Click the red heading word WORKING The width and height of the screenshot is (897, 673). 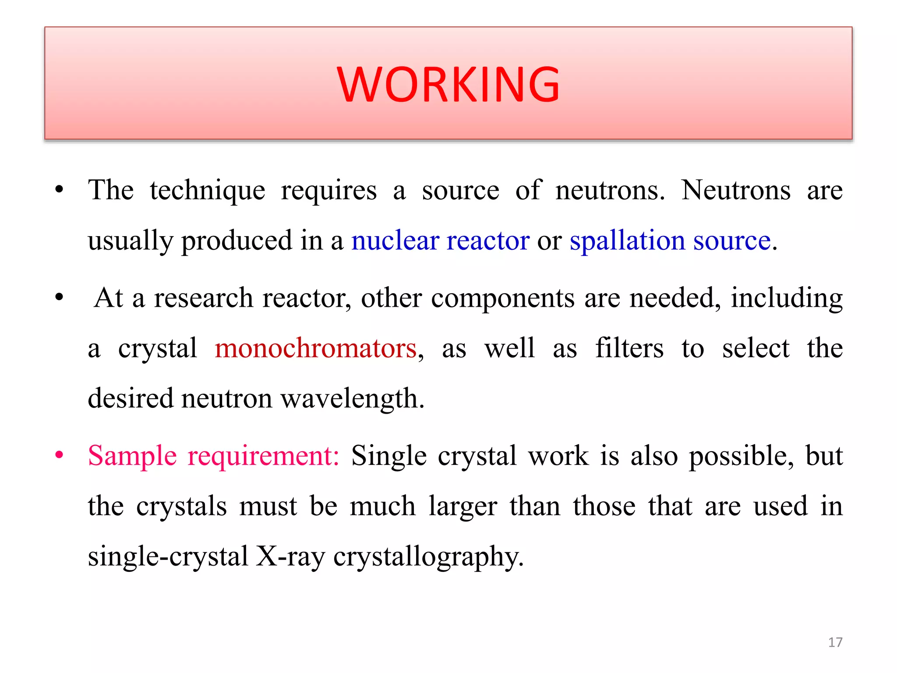[x=448, y=84]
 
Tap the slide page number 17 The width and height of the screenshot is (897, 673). [x=835, y=642]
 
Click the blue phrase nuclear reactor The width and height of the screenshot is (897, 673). [x=440, y=241]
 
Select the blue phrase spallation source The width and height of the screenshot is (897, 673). [x=670, y=241]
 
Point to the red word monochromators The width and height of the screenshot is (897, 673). [x=315, y=348]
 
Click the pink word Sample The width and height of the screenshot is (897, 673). [x=132, y=456]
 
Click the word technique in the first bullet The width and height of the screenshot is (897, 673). [x=207, y=191]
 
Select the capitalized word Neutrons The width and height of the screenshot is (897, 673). [x=736, y=190]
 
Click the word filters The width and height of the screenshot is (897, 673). [x=629, y=348]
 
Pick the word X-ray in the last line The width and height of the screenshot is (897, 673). [x=290, y=556]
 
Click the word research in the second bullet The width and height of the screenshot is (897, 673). [x=203, y=298]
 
